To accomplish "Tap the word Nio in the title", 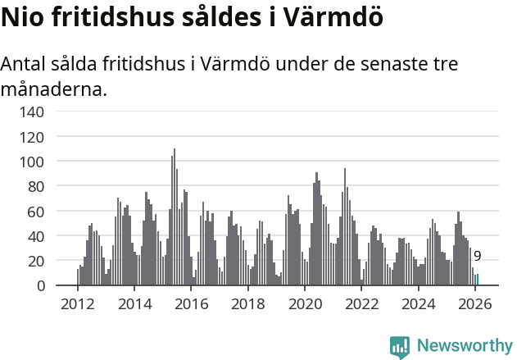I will (x=25, y=17).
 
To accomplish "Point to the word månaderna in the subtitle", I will (x=54, y=89).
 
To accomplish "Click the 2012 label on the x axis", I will (x=78, y=304).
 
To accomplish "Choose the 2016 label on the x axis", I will (x=191, y=304).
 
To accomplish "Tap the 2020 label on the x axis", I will (x=305, y=304).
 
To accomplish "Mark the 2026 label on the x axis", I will (x=475, y=304).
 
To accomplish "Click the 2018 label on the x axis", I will (x=247, y=304).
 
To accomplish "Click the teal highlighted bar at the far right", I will (x=478, y=280).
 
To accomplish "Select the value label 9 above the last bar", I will (x=478, y=257).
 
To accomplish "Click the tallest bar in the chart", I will (x=174, y=217).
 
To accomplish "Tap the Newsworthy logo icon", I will (x=400, y=347).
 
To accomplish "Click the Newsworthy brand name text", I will (x=465, y=347).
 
